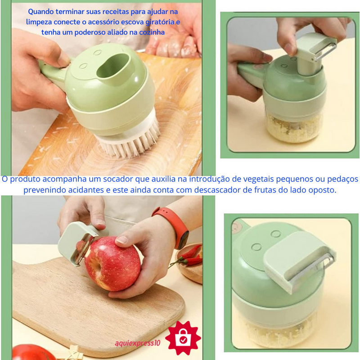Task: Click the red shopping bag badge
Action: [183, 338]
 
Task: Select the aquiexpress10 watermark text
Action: [137, 343]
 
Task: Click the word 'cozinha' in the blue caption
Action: [152, 32]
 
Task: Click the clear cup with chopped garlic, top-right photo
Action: [293, 127]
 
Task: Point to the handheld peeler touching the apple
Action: [78, 243]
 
